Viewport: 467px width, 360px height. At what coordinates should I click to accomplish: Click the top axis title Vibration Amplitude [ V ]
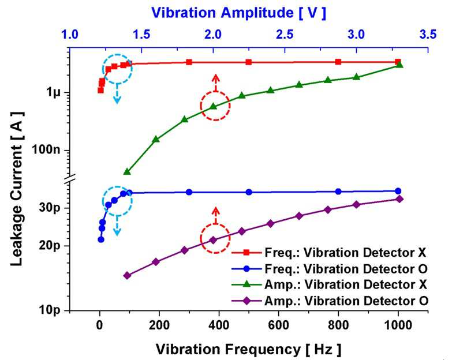pyautogui.click(x=238, y=13)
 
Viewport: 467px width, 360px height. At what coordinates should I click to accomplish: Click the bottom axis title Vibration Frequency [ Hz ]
pyautogui.click(x=248, y=349)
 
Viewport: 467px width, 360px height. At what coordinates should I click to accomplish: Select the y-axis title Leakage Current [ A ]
pyautogui.click(x=17, y=189)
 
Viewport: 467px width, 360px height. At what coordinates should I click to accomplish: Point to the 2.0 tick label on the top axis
pyautogui.click(x=213, y=35)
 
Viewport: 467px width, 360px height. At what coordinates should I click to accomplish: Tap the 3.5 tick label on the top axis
pyautogui.click(x=428, y=35)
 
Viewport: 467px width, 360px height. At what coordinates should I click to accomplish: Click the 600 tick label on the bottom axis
pyautogui.click(x=278, y=325)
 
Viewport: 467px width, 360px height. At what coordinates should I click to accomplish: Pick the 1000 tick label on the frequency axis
pyautogui.click(x=398, y=325)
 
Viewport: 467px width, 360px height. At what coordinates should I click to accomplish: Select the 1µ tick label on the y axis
pyautogui.click(x=54, y=92)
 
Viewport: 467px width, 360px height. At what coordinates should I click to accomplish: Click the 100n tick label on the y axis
pyautogui.click(x=46, y=149)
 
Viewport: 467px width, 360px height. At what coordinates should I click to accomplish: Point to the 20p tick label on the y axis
pyautogui.click(x=50, y=246)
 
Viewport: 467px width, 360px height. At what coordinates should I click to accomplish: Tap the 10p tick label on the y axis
pyautogui.click(x=50, y=310)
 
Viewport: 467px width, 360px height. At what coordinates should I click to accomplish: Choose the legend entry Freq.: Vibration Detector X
pyautogui.click(x=329, y=253)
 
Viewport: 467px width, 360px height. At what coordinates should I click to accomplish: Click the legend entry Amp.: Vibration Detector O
pyautogui.click(x=330, y=301)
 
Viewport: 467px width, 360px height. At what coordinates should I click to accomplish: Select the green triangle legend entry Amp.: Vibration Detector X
pyautogui.click(x=330, y=284)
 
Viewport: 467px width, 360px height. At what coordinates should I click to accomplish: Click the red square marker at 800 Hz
pyautogui.click(x=338, y=62)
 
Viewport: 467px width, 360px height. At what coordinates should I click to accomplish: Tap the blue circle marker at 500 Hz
pyautogui.click(x=249, y=192)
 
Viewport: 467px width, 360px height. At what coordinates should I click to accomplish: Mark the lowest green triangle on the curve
pyautogui.click(x=127, y=171)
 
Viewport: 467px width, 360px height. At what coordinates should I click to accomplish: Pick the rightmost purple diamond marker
pyautogui.click(x=399, y=199)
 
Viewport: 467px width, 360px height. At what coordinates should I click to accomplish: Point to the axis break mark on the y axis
pyautogui.click(x=70, y=178)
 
